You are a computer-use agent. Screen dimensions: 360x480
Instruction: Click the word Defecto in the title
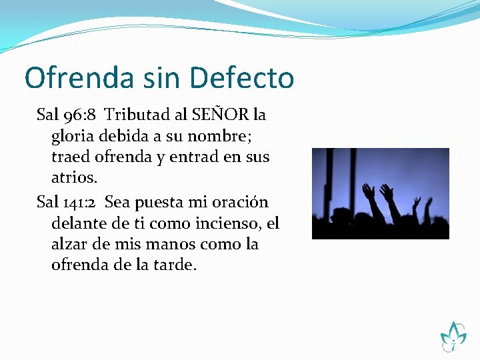pos(242,78)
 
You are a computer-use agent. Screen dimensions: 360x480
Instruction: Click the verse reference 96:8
pos(80,115)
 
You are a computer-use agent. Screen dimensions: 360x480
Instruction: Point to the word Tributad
pos(135,115)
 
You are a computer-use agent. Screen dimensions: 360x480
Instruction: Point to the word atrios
pos(74,179)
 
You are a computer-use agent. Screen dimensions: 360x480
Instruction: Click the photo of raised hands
pos(380,193)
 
